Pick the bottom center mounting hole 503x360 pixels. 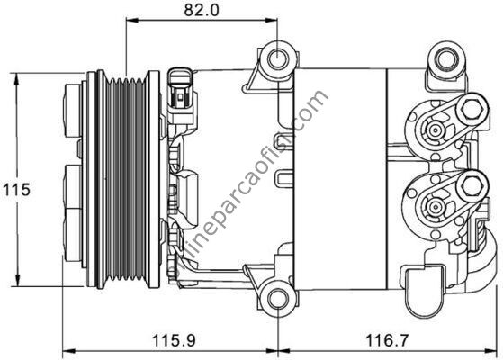[277, 297]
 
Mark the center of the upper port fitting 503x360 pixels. [436, 130]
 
